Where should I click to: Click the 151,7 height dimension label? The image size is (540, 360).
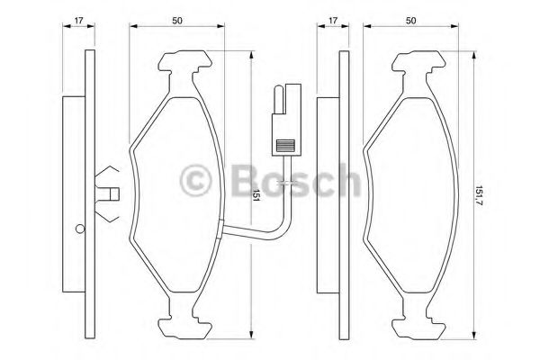(479, 199)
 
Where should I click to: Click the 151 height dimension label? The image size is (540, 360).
(256, 195)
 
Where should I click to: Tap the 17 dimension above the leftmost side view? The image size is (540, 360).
(79, 21)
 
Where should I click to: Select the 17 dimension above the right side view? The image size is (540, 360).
(333, 21)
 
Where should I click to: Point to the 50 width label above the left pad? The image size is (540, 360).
(177, 21)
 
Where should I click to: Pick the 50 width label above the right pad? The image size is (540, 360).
(410, 21)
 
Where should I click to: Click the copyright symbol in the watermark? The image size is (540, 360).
(196, 180)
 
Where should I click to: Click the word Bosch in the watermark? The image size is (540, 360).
(297, 180)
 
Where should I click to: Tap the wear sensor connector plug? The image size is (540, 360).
(286, 120)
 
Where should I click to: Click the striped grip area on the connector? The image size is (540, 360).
(285, 146)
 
